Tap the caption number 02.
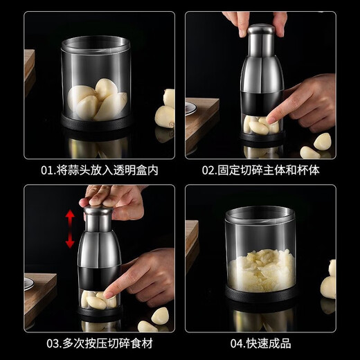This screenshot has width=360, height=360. coord(208,170)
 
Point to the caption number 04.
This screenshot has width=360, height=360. coord(233,343)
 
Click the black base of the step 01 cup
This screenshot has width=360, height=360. coord(98,126)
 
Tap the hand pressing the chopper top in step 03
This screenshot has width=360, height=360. coord(111,199)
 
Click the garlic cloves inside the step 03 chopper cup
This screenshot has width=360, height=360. coord(98,300)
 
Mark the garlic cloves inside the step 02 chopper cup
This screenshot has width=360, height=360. coord(260,125)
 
